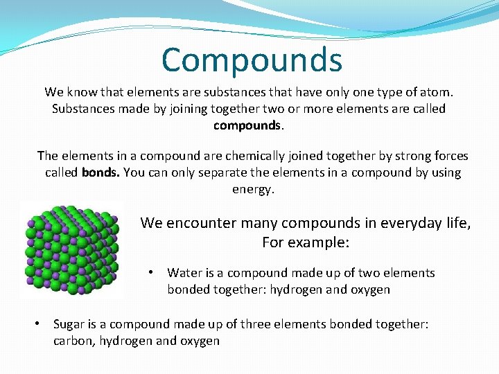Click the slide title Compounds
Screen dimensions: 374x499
252,60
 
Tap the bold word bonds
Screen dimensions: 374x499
100,172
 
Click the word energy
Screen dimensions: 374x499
253,189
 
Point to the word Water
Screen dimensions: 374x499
184,273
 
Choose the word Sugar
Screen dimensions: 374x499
70,324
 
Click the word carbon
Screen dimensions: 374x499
73,341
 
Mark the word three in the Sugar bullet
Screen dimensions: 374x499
265,324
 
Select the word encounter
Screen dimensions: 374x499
198,223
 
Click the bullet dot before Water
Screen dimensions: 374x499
151,272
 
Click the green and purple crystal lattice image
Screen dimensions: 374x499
71,250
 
